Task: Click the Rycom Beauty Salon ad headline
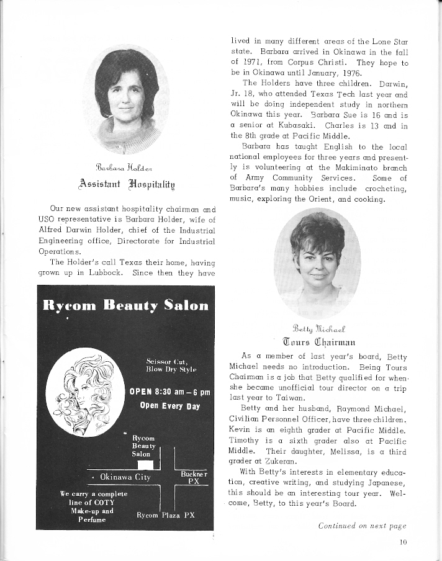[125, 305]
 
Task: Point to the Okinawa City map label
[125, 477]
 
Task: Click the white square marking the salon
[145, 465]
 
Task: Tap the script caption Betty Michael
[317, 328]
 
